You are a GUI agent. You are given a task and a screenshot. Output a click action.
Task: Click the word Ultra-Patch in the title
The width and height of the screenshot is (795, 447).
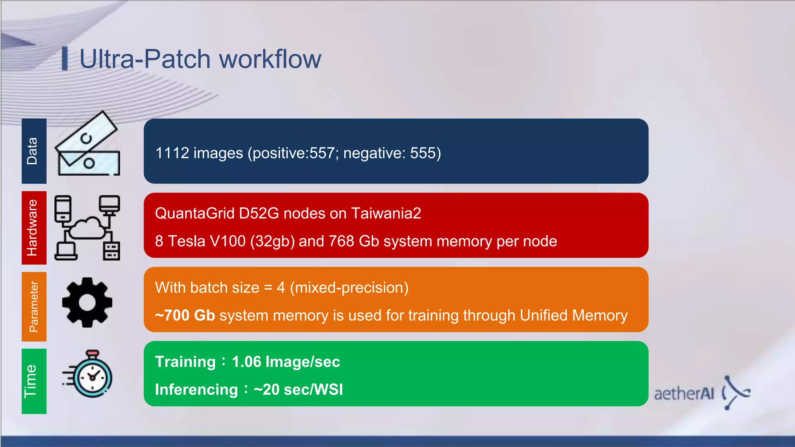point(145,59)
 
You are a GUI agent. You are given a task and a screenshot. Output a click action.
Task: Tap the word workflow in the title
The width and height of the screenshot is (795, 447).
point(270,59)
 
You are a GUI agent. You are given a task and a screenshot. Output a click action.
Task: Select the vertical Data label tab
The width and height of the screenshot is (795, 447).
point(33,151)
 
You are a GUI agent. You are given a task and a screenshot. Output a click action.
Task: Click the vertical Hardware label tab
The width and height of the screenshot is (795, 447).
point(33,228)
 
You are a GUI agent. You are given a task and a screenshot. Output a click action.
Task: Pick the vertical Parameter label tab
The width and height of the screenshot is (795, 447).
point(33,307)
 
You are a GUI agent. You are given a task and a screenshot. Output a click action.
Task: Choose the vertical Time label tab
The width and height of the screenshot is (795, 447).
point(33,381)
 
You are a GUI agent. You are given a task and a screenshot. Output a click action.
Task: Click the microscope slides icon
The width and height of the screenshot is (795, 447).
point(88,144)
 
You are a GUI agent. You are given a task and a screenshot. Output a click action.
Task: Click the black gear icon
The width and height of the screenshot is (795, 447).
point(87,302)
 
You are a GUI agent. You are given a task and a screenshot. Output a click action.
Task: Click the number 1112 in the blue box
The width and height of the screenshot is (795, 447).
point(172,153)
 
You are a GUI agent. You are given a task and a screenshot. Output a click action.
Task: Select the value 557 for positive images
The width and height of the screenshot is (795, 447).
point(322,153)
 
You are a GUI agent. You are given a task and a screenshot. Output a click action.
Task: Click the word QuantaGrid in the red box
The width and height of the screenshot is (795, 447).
point(194,213)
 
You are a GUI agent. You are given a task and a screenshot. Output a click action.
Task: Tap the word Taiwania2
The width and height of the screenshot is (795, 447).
point(386,213)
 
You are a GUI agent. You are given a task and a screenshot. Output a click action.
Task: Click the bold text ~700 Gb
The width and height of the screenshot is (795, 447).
point(185,315)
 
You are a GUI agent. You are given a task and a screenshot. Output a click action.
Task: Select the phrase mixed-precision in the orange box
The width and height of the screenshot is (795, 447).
point(349,288)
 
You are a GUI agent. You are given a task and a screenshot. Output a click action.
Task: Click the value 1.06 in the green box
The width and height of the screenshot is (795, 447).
point(246,362)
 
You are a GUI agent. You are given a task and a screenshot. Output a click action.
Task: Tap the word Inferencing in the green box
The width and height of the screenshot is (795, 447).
point(196,390)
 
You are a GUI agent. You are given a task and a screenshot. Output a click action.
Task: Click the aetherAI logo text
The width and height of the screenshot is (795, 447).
point(684,394)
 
